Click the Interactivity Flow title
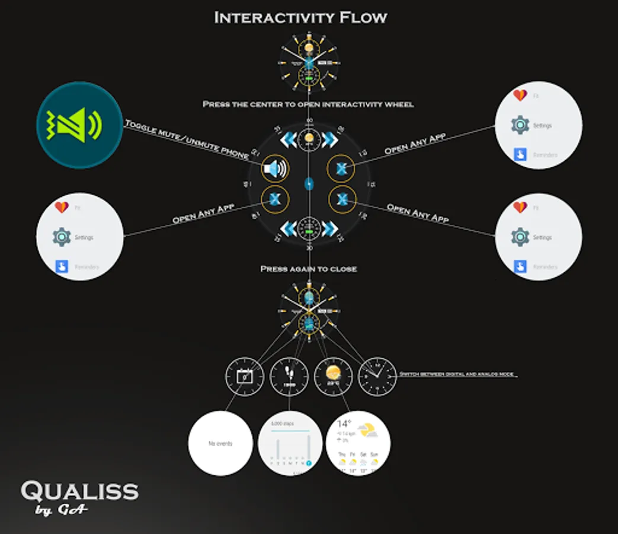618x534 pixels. coord(300,18)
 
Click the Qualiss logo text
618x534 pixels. coord(79,491)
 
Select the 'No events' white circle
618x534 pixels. coord(220,443)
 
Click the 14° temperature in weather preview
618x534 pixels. coord(344,424)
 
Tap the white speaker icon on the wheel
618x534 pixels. coord(275,170)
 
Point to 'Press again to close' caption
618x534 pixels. coord(309,269)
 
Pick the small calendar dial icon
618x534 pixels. coord(244,376)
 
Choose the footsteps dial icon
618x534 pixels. coord(289,376)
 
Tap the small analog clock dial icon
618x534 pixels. coord(377,376)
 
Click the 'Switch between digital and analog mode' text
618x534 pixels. coord(457,374)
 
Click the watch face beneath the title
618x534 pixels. coord(309,62)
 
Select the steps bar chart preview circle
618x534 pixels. coord(290,443)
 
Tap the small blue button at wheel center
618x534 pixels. coord(309,184)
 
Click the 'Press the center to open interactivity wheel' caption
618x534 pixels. coord(308,104)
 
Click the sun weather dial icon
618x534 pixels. coord(333,376)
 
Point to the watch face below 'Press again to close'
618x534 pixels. coord(309,309)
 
